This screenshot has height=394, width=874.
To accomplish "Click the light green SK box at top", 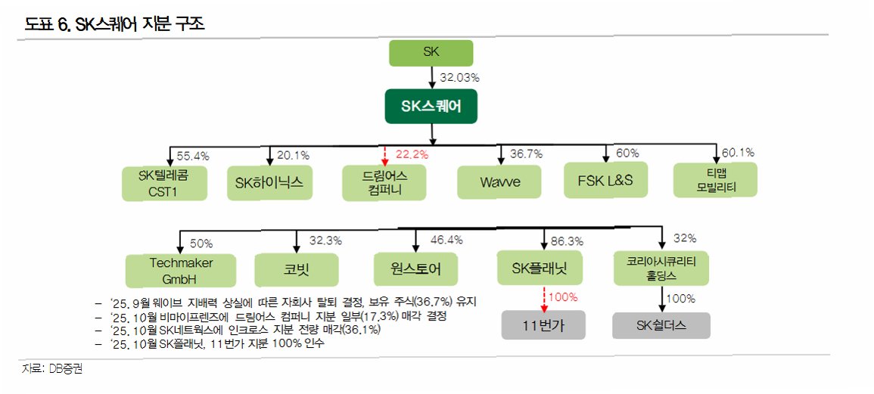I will click(x=431, y=53).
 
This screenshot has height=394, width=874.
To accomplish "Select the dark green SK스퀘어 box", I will click(x=431, y=107).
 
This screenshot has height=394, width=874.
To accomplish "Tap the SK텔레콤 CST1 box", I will click(x=165, y=184).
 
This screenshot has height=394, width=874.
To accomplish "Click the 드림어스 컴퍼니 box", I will click(x=384, y=183).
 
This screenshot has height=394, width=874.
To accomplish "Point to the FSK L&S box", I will click(x=607, y=181).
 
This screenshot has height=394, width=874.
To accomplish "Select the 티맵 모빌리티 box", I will click(x=715, y=180).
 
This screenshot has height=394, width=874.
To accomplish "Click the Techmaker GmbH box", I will click(x=182, y=268).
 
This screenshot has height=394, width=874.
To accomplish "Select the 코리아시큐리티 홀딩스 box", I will click(x=661, y=267).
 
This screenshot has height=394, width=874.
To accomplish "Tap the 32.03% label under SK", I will click(x=459, y=77).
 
